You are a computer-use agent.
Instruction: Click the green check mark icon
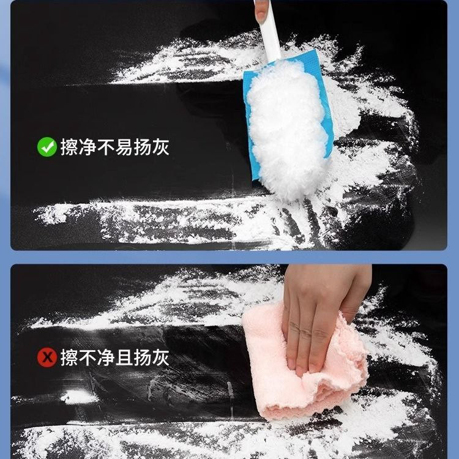pyautogui.click(x=47, y=147)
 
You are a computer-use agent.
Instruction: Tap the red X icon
pyautogui.click(x=47, y=357)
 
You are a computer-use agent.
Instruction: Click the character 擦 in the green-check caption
pyautogui.click(x=69, y=147)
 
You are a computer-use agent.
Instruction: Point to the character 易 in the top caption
pyautogui.click(x=124, y=147)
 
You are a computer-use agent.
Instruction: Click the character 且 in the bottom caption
pyautogui.click(x=124, y=357)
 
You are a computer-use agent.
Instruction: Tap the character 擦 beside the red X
pyautogui.click(x=69, y=357)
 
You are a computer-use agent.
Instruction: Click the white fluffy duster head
pyautogui.click(x=287, y=129)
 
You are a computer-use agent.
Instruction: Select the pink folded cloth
pyautogui.click(x=304, y=363)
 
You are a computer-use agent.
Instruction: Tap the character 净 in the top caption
pyautogui.click(x=88, y=147)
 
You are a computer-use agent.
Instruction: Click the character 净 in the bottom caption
pyautogui.click(x=106, y=357)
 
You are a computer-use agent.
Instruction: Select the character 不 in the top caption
pyautogui.click(x=106, y=147)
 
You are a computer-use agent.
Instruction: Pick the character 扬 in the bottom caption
pyautogui.click(x=142, y=357)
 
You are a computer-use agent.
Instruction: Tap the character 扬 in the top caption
pyautogui.click(x=142, y=147)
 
